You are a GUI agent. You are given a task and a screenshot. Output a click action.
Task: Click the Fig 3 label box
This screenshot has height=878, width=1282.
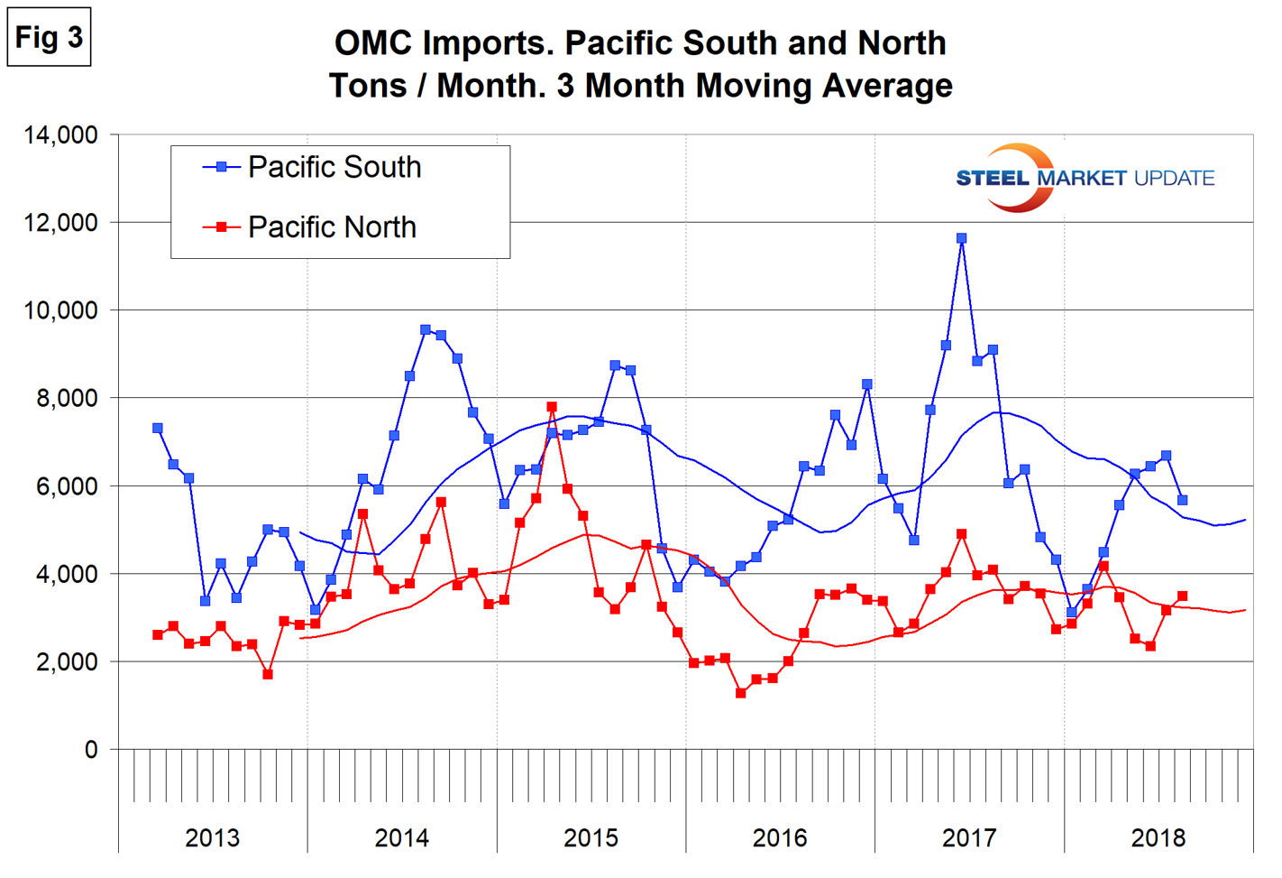pyautogui.click(x=49, y=38)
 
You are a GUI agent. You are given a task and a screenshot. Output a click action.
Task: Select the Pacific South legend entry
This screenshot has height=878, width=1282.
pyautogui.click(x=334, y=167)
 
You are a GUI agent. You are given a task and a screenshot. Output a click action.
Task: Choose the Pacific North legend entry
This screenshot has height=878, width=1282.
pyautogui.click(x=331, y=227)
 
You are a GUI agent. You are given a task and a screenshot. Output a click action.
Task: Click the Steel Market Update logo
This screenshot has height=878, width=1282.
pyautogui.click(x=1085, y=178)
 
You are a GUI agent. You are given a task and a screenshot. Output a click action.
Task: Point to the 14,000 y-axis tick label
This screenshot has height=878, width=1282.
pyautogui.click(x=60, y=135)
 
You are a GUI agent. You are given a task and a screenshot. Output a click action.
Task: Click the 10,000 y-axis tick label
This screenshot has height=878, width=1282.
pyautogui.click(x=60, y=310)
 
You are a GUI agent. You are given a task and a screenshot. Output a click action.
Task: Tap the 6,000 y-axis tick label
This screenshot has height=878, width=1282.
pyautogui.click(x=67, y=486)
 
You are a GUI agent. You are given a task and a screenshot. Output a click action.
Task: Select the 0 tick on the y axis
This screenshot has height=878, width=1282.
pyautogui.click(x=91, y=750)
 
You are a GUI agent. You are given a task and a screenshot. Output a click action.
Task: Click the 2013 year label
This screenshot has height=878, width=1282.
pyautogui.click(x=212, y=838)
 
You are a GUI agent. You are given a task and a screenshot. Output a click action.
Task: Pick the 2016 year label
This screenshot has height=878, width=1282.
pyautogui.click(x=780, y=838)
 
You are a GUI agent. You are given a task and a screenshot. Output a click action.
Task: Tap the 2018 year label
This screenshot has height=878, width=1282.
pyautogui.click(x=1158, y=838)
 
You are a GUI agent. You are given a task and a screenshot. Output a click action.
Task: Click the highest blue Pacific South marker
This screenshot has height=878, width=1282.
pyautogui.click(x=961, y=238)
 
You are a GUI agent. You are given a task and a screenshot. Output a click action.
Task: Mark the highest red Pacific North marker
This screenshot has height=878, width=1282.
pyautogui.click(x=552, y=407)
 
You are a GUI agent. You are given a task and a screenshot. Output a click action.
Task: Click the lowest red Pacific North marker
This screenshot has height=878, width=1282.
pyautogui.click(x=741, y=693)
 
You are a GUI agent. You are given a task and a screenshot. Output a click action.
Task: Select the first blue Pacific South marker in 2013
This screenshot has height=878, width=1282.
pyautogui.click(x=158, y=429)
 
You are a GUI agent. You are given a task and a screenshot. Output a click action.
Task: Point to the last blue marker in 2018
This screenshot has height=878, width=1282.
pyautogui.click(x=1182, y=500)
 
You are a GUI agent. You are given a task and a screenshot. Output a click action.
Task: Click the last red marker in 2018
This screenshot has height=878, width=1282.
pyautogui.click(x=1182, y=596)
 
